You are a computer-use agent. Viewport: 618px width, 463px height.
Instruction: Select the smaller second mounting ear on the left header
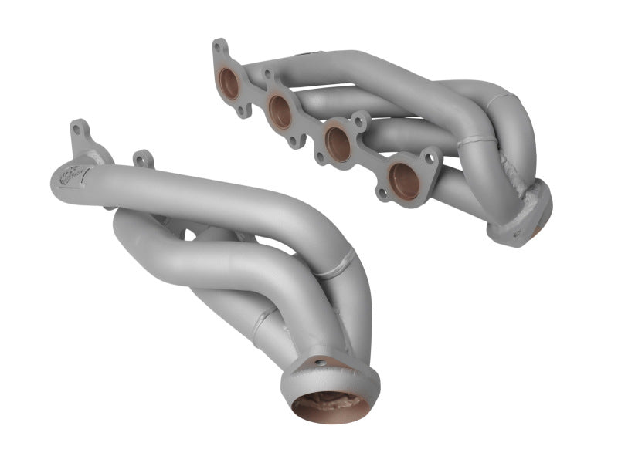click(x=140, y=159)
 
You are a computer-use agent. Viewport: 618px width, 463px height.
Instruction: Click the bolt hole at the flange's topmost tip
click(x=220, y=46)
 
